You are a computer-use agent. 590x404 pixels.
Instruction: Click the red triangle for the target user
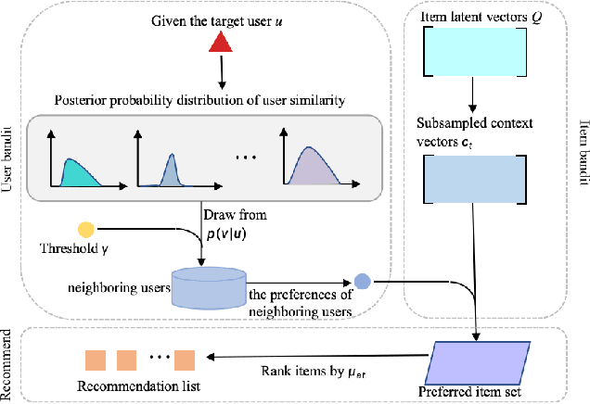tap(219, 43)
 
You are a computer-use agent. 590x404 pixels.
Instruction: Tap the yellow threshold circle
tap(86, 230)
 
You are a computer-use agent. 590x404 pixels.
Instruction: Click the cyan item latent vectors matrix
tap(473, 49)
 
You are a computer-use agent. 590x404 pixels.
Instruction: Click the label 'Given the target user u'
tap(220, 17)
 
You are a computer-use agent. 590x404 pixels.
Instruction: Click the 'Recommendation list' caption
tap(139, 385)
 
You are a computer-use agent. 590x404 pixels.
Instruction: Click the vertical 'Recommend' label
tap(7, 364)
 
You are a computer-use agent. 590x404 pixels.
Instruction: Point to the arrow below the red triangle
tap(219, 70)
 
